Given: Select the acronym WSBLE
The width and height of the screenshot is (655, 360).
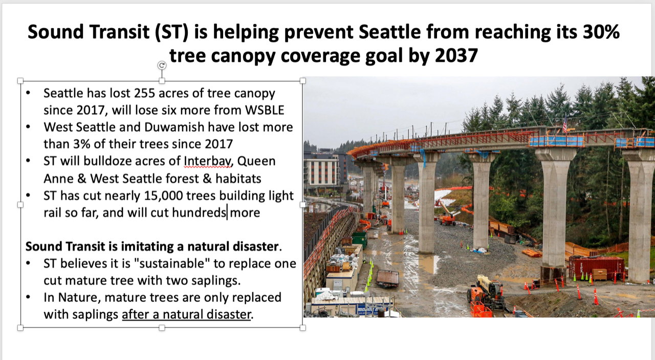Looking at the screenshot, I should [264, 110].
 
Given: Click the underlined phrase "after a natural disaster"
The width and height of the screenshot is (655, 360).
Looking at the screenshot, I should [186, 314].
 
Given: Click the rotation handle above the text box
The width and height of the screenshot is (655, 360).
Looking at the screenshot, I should [162, 65].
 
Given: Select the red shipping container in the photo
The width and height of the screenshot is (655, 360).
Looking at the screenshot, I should [597, 267].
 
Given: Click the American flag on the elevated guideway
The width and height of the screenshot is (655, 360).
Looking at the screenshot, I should [565, 124].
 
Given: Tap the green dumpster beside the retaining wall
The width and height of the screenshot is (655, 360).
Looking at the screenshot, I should [359, 239].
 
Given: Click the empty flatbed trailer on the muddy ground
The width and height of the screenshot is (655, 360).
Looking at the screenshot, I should [387, 278].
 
